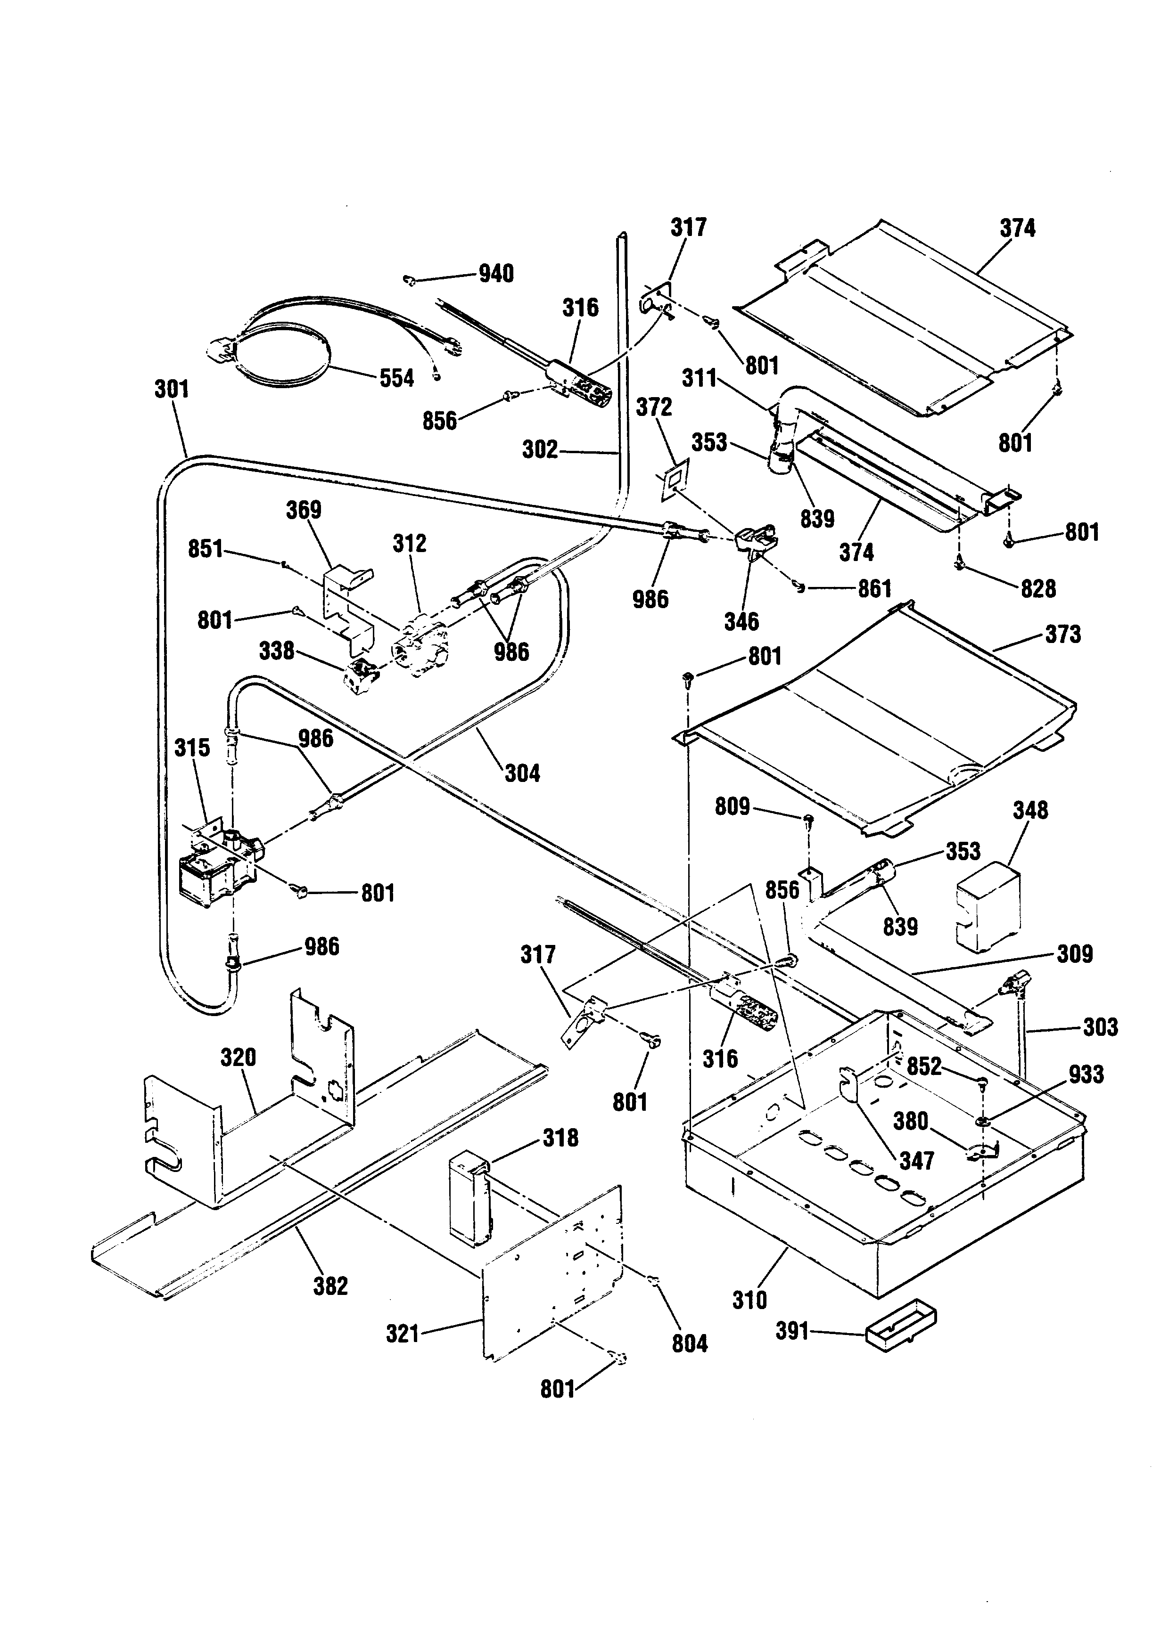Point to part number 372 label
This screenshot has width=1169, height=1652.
[654, 407]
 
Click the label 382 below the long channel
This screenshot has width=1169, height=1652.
[330, 1286]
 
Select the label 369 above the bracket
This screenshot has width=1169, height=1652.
[304, 510]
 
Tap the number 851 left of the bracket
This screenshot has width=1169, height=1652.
[206, 549]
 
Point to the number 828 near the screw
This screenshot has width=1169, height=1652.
[1038, 588]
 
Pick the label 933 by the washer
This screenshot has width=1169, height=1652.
[1086, 1074]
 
